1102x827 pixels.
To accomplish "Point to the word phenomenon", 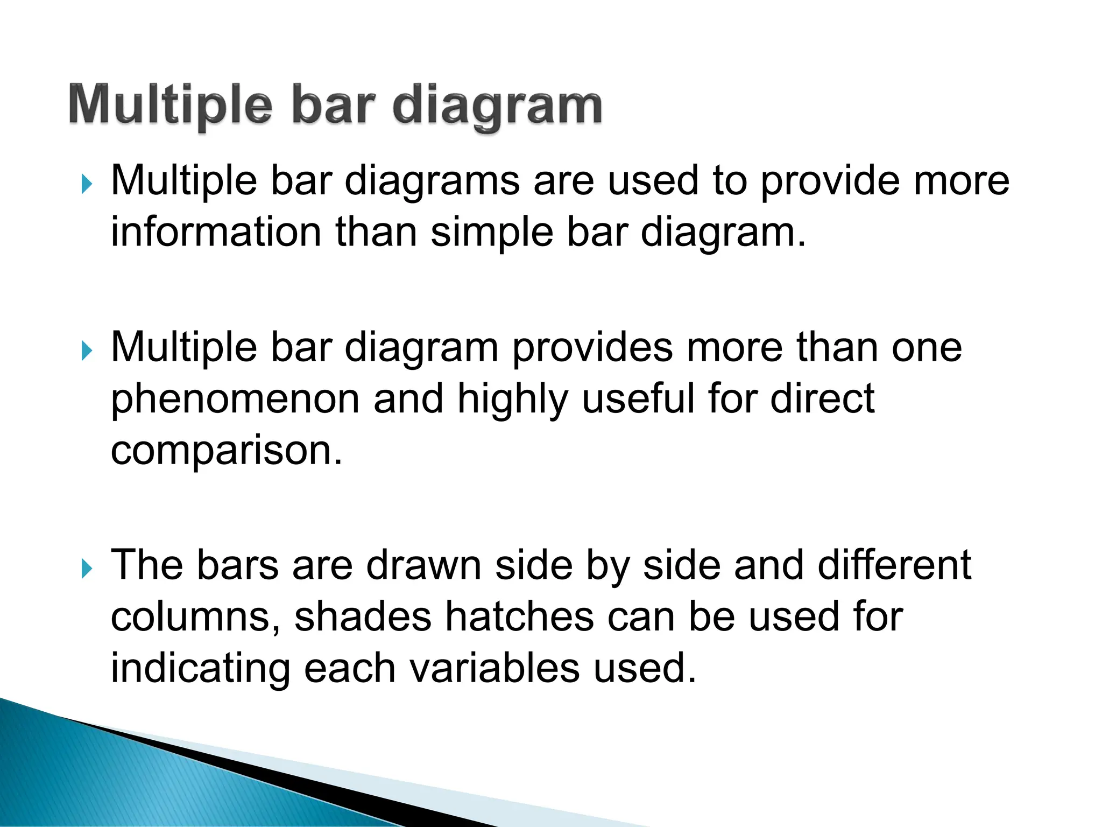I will [235, 400].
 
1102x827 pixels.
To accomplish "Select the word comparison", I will [226, 451].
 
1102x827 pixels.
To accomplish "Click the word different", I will [894, 565].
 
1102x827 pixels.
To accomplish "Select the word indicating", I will [200, 668].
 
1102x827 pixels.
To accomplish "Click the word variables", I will [495, 668].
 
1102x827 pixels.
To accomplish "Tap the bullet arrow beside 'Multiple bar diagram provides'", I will [87, 351].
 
